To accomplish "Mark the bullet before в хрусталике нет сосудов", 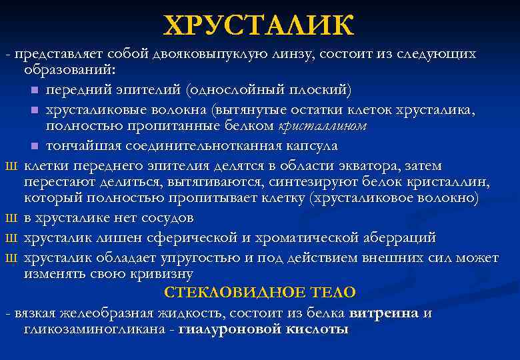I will pyautogui.click(x=9, y=218).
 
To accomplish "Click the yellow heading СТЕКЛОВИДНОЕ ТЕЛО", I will pyautogui.click(x=260, y=292).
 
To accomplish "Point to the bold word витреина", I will pyautogui.click(x=383, y=312).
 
